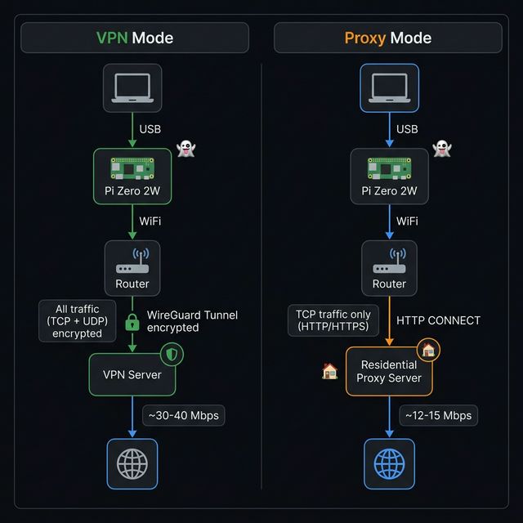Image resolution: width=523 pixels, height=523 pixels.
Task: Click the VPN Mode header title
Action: point(135,38)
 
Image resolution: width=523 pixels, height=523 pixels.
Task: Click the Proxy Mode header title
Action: point(388,38)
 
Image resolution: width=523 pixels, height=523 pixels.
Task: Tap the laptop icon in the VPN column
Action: point(132,87)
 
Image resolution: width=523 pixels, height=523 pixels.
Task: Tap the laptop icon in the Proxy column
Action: point(389,87)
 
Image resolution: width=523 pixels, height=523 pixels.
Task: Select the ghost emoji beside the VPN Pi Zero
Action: point(186,149)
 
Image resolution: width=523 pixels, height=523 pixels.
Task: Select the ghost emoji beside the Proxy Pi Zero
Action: point(442,149)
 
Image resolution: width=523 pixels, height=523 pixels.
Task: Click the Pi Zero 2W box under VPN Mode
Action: point(132,175)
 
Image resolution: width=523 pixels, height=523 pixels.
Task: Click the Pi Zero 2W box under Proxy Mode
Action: point(389,175)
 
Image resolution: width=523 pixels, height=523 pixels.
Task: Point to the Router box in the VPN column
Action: point(132,268)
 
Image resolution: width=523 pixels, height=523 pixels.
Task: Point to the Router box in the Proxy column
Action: point(389,268)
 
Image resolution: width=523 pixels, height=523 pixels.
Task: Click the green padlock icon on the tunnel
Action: point(132,322)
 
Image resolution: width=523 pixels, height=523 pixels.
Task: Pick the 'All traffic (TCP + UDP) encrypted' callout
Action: point(77,321)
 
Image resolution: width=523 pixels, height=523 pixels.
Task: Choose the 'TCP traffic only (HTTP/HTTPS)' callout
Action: point(333,320)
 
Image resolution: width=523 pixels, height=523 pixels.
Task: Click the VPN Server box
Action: point(132,374)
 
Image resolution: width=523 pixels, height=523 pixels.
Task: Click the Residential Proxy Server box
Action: point(388,372)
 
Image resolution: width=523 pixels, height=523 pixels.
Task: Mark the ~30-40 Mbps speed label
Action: point(183,415)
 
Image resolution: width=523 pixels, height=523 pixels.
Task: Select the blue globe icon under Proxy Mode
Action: point(389,463)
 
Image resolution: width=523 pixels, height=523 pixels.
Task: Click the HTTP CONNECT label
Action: point(438,320)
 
